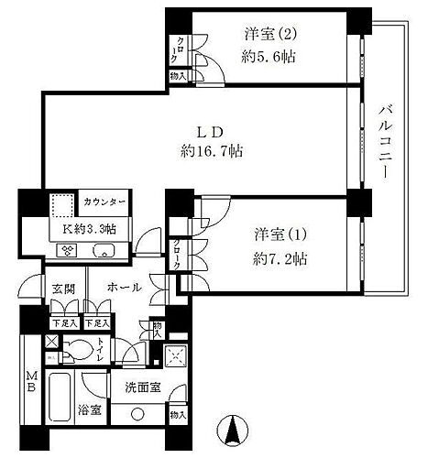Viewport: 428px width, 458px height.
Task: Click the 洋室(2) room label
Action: tap(269, 35)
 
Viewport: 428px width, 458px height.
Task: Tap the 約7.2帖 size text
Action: tap(281, 259)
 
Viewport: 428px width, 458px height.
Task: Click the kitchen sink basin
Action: tap(104, 248)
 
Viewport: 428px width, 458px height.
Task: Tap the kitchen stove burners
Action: tap(68, 248)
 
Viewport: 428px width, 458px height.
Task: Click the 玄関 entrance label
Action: tap(61, 288)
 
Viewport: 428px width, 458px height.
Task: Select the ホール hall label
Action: tap(124, 288)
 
